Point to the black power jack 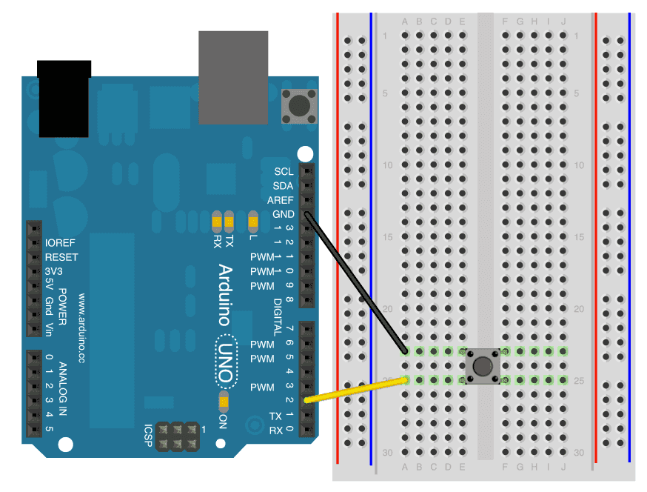tap(64, 98)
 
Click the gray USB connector tap(233, 77)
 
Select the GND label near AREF tap(283, 215)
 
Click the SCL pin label tap(283, 171)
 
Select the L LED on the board tap(253, 220)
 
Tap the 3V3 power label tap(55, 271)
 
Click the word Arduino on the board tap(225, 295)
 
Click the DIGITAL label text tap(278, 311)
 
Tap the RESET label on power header tap(61, 257)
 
